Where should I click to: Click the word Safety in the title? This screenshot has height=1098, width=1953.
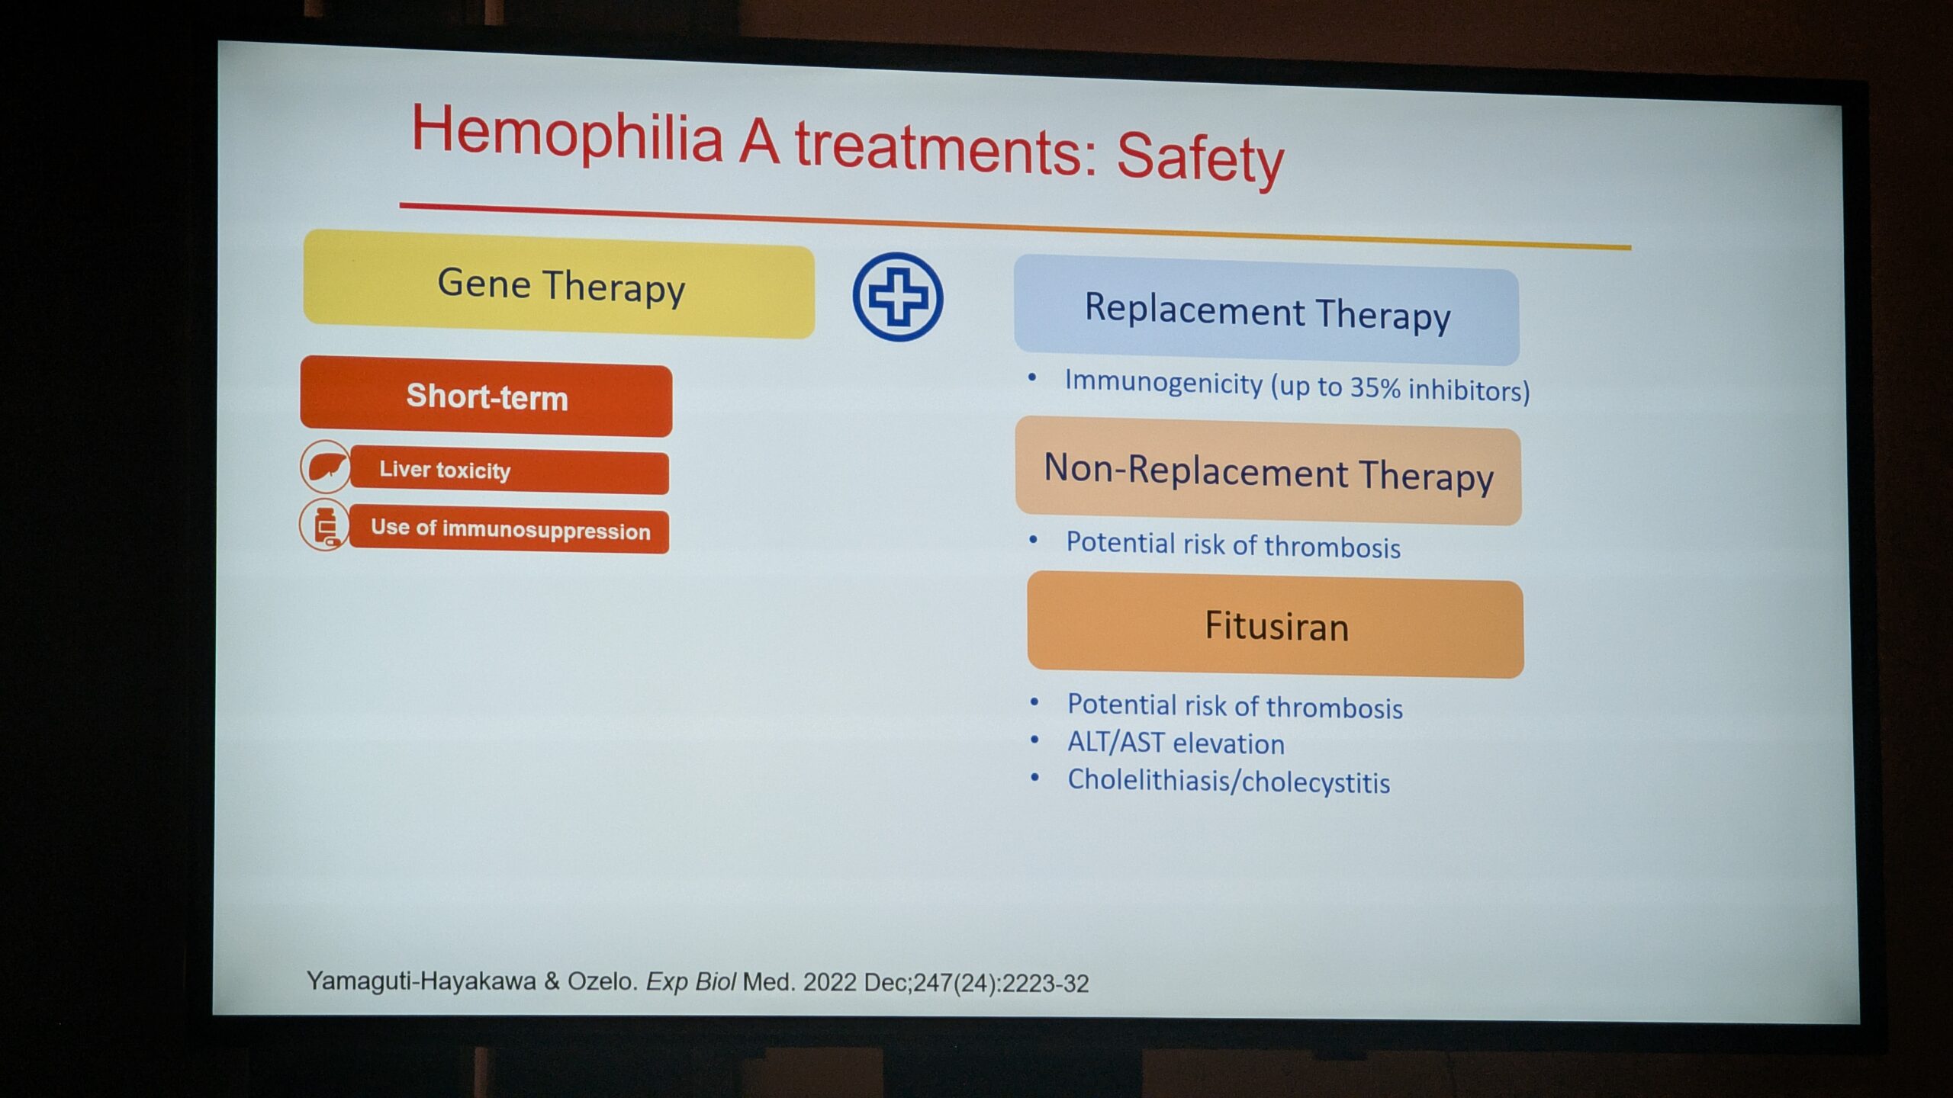pyautogui.click(x=1200, y=159)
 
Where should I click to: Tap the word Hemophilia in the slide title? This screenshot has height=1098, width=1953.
pyautogui.click(x=567, y=134)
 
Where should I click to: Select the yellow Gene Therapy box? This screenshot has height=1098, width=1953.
pyautogui.click(x=559, y=284)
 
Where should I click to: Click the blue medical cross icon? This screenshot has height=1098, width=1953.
pyautogui.click(x=898, y=297)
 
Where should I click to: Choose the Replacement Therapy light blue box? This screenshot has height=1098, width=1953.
pyautogui.click(x=1266, y=311)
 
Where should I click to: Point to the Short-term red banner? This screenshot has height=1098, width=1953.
pyautogui.click(x=486, y=396)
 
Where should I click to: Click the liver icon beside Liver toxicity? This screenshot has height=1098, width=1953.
pyautogui.click(x=325, y=466)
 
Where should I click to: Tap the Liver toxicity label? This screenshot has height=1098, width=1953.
pyautogui.click(x=445, y=470)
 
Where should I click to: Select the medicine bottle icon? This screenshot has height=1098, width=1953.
pyautogui.click(x=325, y=525)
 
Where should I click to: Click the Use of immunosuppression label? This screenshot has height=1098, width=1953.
pyautogui.click(x=510, y=529)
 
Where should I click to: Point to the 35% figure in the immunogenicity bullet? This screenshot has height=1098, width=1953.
pyautogui.click(x=1375, y=387)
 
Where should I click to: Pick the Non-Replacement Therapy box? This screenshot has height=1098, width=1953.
pyautogui.click(x=1268, y=470)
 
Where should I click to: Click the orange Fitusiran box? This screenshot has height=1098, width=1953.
pyautogui.click(x=1276, y=625)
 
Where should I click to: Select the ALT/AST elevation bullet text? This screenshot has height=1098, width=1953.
pyautogui.click(x=1176, y=743)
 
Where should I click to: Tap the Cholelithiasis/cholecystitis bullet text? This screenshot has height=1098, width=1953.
pyautogui.click(x=1228, y=782)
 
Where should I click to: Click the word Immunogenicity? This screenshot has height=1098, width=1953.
pyautogui.click(x=1163, y=382)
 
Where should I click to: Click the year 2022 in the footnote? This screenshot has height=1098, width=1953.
pyautogui.click(x=830, y=982)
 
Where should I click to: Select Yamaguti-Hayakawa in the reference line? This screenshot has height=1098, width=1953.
pyautogui.click(x=421, y=981)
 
